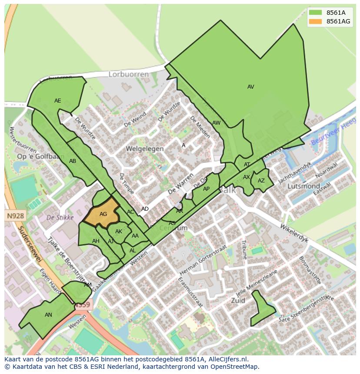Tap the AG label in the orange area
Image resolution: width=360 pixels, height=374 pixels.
tap(103, 214)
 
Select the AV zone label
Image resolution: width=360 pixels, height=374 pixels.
tap(250, 87)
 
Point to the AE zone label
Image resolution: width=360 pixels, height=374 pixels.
tap(58, 101)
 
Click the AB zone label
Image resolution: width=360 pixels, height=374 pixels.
tap(73, 161)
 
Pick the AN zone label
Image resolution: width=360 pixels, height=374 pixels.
tap(48, 315)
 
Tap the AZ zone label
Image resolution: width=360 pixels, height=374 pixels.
tap(261, 181)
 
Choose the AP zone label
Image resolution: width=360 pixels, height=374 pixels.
tap(206, 189)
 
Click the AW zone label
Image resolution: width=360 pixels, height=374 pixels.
tap(216, 123)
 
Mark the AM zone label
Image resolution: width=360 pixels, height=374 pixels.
tap(88, 285)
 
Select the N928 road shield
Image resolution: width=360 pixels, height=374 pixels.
tap(16, 216)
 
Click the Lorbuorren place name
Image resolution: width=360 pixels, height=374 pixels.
tap(128, 74)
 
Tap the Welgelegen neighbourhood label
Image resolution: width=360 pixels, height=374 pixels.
tap(144, 149)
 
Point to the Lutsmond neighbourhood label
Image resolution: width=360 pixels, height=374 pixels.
tap(304, 186)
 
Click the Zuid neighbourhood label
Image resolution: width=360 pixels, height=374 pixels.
tap(238, 300)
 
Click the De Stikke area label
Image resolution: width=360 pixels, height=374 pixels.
tap(60, 217)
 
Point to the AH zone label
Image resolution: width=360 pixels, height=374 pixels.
tap(96, 241)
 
